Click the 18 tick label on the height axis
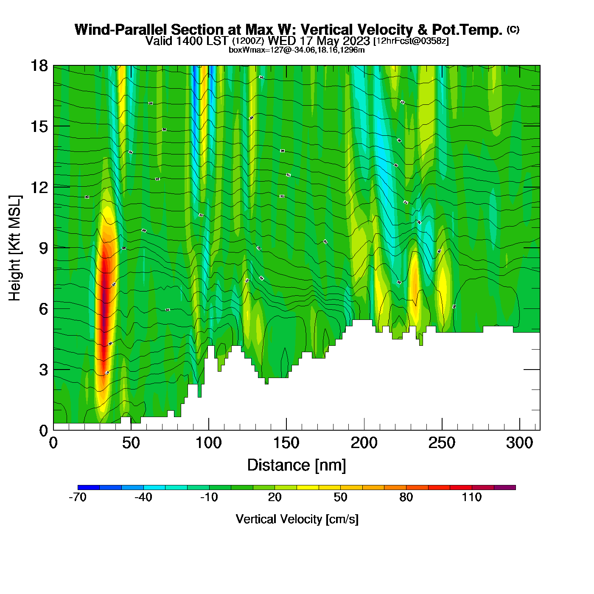(x=39, y=66)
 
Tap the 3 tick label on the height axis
(x=43, y=370)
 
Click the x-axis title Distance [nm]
(x=297, y=465)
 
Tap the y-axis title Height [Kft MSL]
(x=15, y=248)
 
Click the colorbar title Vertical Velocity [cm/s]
(x=297, y=519)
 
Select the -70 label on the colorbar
(x=78, y=497)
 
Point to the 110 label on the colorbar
(x=472, y=497)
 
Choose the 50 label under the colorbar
(x=340, y=497)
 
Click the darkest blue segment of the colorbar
(x=89, y=488)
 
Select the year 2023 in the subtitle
(x=356, y=41)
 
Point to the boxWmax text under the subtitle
(x=297, y=50)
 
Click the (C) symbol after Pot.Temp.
(x=513, y=29)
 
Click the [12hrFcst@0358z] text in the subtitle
(x=410, y=41)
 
